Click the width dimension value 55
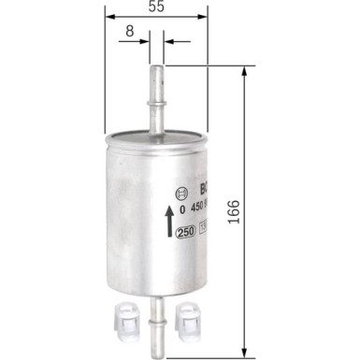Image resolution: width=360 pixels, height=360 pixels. click(155, 7)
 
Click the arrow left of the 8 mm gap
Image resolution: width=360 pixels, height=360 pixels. click(142, 42)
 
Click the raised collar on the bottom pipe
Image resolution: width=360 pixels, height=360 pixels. click(155, 314)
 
